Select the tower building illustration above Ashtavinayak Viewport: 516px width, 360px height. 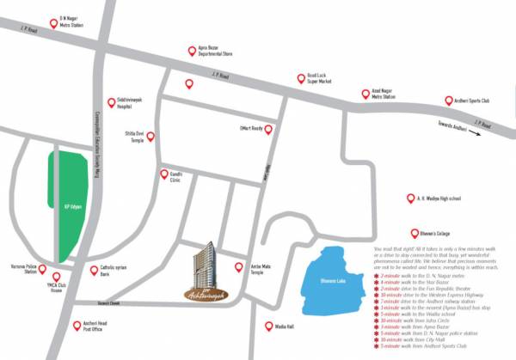coord(206,262)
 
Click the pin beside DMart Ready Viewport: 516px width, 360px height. coord(268,130)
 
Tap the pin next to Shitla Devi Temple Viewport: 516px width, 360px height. coord(151,136)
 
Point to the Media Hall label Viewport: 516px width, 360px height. coord(285,326)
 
